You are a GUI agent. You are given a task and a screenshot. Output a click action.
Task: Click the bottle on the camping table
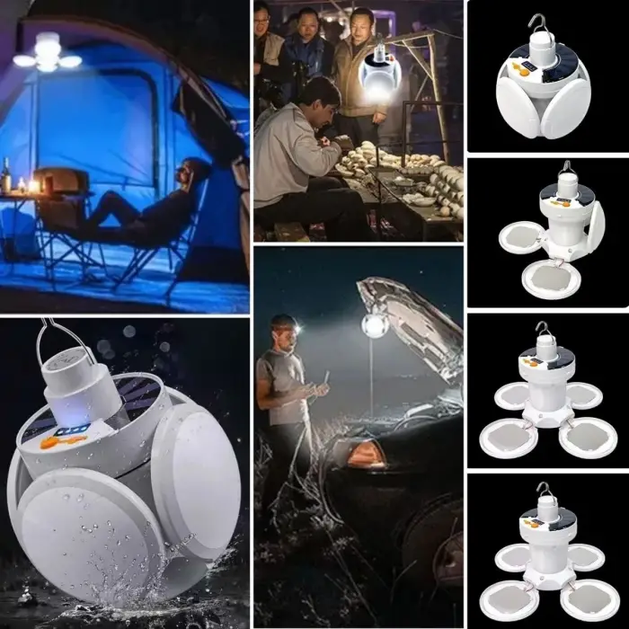(6, 176)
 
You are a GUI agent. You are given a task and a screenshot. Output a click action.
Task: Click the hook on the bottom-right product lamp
(543, 491)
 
